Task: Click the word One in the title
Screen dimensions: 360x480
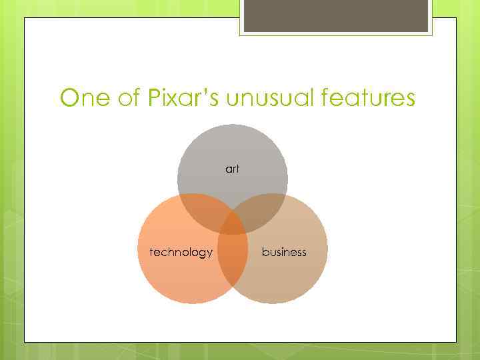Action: (x=83, y=99)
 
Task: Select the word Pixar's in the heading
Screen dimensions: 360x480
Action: (x=180, y=99)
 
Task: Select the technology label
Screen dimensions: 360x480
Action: (x=181, y=252)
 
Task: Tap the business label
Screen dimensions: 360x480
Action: (x=284, y=252)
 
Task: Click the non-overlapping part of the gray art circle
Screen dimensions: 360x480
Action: (x=232, y=150)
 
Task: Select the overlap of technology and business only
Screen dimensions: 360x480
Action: (x=232, y=263)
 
